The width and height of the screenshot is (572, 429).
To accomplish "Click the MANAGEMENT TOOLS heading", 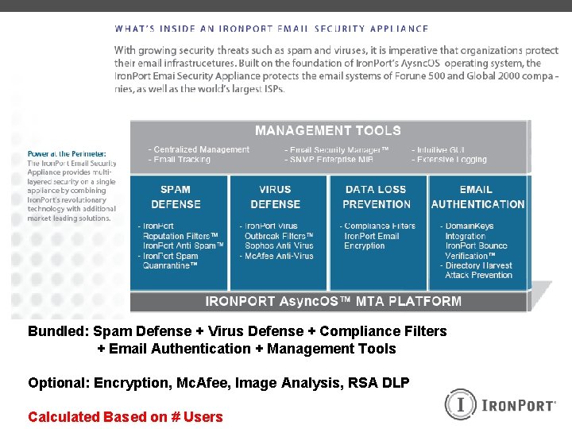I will (x=327, y=130).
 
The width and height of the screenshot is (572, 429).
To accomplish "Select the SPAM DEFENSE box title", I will (x=175, y=197).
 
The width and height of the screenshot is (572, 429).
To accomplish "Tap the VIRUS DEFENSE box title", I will (x=275, y=197).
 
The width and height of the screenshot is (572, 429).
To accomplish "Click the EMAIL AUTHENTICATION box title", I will (x=477, y=197).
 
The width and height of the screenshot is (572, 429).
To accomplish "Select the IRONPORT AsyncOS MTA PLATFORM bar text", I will (x=333, y=301).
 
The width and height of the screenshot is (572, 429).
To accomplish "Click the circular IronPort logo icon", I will (x=459, y=404).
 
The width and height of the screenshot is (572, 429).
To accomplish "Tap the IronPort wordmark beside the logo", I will (x=519, y=406).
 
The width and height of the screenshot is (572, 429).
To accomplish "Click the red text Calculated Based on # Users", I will (x=125, y=416).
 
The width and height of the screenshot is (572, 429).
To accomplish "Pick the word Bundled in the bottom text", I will (x=58, y=331).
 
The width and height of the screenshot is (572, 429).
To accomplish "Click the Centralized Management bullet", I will (x=199, y=149).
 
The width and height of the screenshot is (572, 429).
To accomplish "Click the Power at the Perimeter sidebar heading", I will (x=67, y=153).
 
